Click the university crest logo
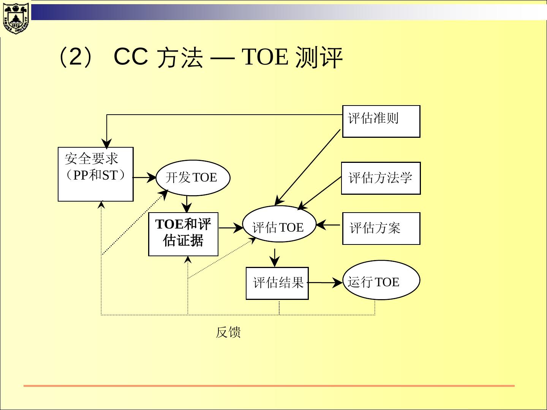16,18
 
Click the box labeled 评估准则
381,121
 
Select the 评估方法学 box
381,178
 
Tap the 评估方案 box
381,228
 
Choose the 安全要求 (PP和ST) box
95,174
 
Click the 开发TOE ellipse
193,177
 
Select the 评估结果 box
277,283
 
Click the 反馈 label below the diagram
228,333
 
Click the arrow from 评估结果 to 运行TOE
325,283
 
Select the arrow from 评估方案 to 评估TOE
329,225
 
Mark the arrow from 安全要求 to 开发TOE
144,177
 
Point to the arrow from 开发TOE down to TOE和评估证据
187,204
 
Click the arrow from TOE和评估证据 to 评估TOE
231,228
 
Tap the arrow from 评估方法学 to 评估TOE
320,193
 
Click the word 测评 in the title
319,58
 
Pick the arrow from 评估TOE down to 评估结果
274,258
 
